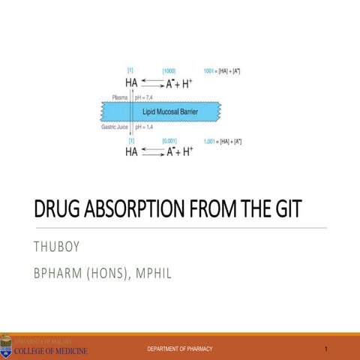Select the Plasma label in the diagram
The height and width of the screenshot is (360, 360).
119,97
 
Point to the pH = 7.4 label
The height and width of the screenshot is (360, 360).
145,97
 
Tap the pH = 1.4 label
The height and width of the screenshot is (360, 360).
145,127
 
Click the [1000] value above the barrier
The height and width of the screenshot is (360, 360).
169,70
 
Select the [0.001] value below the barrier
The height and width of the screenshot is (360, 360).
169,140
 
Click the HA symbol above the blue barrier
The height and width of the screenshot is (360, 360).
131,82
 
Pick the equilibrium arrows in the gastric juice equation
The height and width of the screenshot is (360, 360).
154,151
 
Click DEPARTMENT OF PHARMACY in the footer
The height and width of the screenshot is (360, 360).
180,350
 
